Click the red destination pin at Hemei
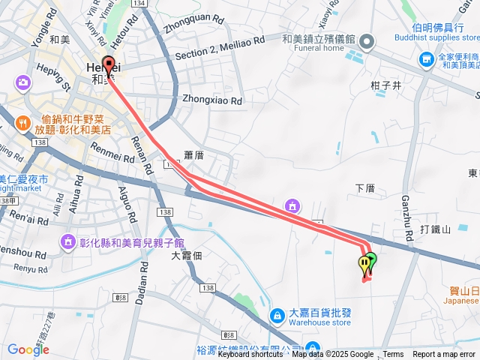pos(109,67)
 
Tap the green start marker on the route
pos(370,262)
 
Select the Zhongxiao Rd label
pos(212,100)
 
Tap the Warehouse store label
pos(320,323)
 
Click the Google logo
pos(28,349)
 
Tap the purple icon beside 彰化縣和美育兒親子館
pos(68,241)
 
